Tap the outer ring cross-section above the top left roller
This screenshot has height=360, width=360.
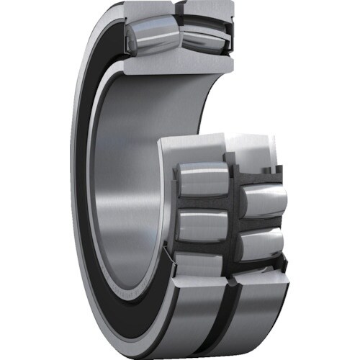[x=148, y=11]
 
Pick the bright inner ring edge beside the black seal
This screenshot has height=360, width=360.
[x=101, y=180]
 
